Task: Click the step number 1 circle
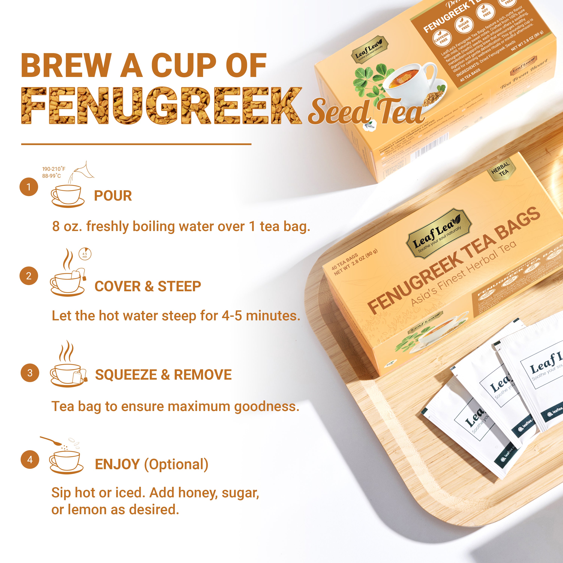[29, 187]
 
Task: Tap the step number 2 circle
[29, 276]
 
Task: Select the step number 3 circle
[30, 373]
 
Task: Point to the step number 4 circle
[30, 460]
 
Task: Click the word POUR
[113, 196]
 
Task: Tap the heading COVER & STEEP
[148, 286]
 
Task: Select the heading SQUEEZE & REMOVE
[163, 375]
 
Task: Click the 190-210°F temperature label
[54, 169]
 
